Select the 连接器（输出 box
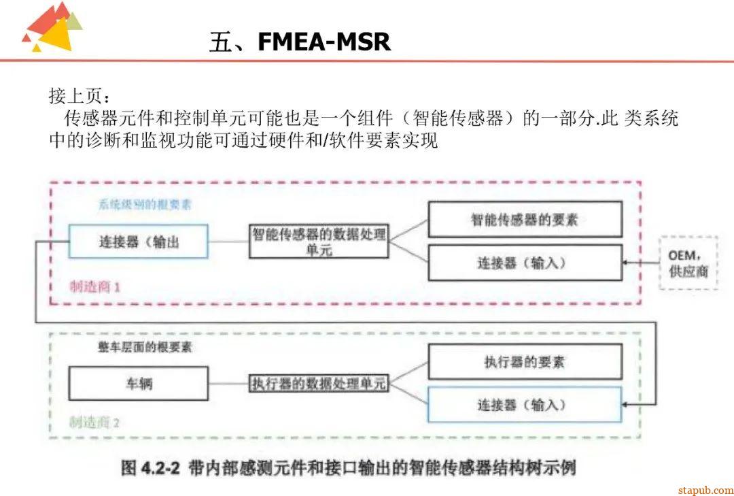click(139, 242)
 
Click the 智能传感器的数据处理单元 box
click(319, 242)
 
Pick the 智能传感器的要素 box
click(525, 220)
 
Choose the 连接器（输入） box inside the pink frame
click(525, 263)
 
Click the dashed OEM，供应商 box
click(688, 263)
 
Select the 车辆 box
click(139, 383)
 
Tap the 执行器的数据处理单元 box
click(319, 384)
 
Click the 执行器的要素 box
click(525, 362)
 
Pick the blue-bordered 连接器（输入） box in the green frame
click(525, 405)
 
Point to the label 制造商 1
click(95, 286)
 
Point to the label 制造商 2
click(95, 422)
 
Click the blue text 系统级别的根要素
click(144, 205)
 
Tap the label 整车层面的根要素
click(144, 347)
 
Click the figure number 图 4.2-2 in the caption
click(150, 468)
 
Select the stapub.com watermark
click(705, 489)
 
